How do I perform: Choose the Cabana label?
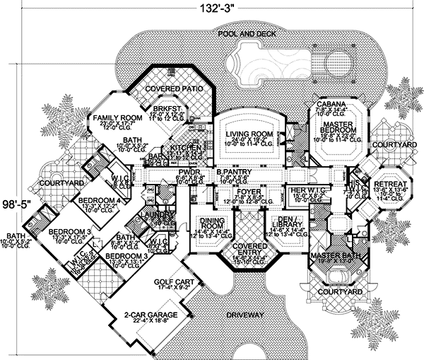(331, 105)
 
